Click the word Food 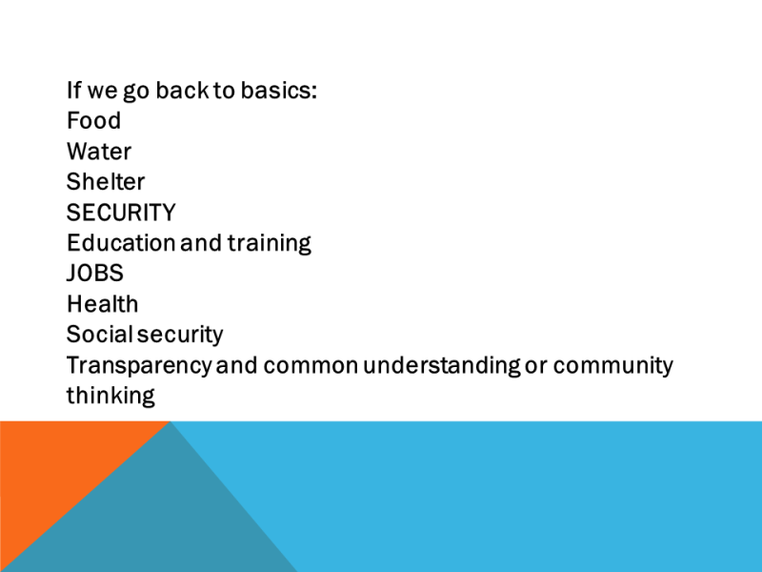93,120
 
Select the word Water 99,152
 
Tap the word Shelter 106,181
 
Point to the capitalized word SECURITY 121,213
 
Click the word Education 121,243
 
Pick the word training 270,244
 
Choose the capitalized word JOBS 94,274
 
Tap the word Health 103,304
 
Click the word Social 100,335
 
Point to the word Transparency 139,366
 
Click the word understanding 442,366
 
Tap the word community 613,366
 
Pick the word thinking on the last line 110,397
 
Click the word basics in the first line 278,90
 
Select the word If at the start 74,90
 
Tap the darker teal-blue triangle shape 155,516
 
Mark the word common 311,366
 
